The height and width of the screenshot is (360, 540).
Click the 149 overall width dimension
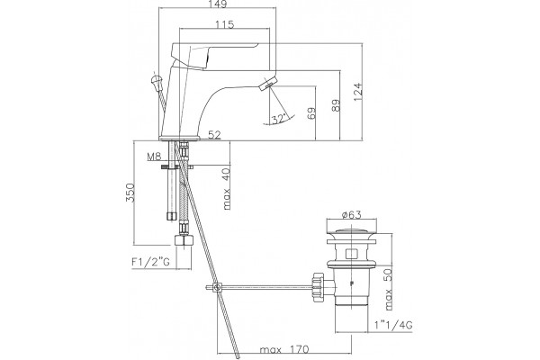click(x=218, y=4)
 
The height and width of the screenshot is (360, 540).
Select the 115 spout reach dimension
click(x=224, y=25)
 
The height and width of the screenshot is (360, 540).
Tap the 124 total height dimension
click(x=358, y=92)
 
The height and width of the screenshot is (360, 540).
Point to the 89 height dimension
click(x=336, y=105)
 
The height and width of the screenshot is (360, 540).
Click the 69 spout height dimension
click(x=311, y=113)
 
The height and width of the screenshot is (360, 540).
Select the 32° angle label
click(x=279, y=119)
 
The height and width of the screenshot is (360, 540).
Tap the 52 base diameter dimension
click(x=214, y=135)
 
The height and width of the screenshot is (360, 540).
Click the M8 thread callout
click(x=154, y=157)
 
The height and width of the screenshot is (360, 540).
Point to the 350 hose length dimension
click(x=130, y=193)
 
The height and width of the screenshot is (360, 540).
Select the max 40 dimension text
click(x=226, y=189)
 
